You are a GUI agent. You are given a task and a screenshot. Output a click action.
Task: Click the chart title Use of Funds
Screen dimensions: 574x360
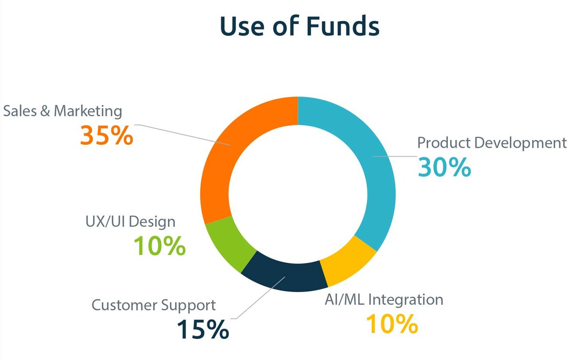(x=300, y=26)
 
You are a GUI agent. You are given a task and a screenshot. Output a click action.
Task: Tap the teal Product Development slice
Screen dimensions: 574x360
(x=376, y=164)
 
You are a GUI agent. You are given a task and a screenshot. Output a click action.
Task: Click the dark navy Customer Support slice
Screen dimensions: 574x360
(x=284, y=277)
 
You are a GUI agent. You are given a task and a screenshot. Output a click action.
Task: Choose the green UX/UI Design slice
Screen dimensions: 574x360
(x=229, y=244)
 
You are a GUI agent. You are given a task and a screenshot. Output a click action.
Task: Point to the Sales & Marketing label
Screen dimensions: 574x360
(x=62, y=111)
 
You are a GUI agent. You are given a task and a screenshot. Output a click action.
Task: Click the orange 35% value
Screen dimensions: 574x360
(x=107, y=135)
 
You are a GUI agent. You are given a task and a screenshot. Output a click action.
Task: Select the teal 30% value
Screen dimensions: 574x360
(x=444, y=167)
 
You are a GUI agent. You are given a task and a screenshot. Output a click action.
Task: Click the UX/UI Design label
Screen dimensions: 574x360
(x=130, y=222)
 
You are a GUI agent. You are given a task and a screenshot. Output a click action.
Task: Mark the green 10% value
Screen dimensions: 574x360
(x=160, y=246)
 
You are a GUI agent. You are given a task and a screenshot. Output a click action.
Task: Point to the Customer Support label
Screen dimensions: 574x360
(x=154, y=306)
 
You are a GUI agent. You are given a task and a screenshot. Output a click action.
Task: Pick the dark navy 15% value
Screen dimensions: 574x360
(x=203, y=329)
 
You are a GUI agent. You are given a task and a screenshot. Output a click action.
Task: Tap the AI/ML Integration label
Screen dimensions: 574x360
(x=384, y=300)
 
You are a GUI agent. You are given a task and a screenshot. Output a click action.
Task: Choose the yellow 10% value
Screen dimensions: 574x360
(x=392, y=324)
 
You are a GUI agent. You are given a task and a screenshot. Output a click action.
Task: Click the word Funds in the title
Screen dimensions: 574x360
(x=343, y=26)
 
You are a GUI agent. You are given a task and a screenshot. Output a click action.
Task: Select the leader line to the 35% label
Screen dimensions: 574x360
(x=182, y=135)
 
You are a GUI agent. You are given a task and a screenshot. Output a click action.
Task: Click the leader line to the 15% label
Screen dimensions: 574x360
(x=258, y=298)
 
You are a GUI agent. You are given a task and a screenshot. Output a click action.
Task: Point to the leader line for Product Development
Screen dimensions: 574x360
(x=395, y=156)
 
